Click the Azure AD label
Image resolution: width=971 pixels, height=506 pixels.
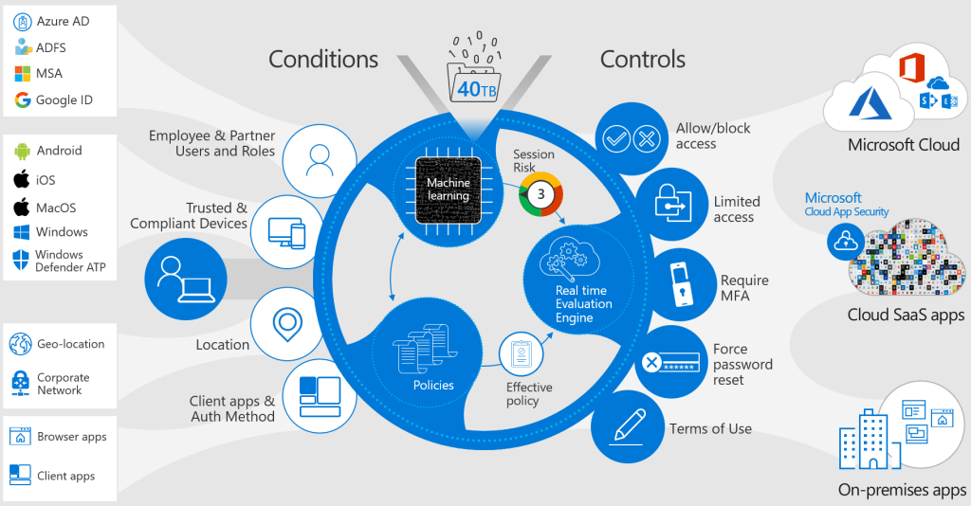click(64, 21)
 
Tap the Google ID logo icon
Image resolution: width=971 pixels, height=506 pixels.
click(22, 100)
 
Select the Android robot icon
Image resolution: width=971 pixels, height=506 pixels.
click(22, 151)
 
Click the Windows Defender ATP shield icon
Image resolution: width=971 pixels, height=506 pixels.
click(22, 261)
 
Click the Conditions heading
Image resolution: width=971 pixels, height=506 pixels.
click(323, 60)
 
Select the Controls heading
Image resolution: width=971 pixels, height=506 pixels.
click(642, 60)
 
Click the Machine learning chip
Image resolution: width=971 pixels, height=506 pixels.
click(448, 190)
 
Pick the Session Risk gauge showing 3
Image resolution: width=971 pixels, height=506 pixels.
click(540, 193)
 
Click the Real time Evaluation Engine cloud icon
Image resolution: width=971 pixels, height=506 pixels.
click(573, 257)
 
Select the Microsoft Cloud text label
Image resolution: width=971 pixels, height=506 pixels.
click(903, 145)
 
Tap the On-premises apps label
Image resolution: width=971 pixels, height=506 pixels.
click(901, 490)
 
